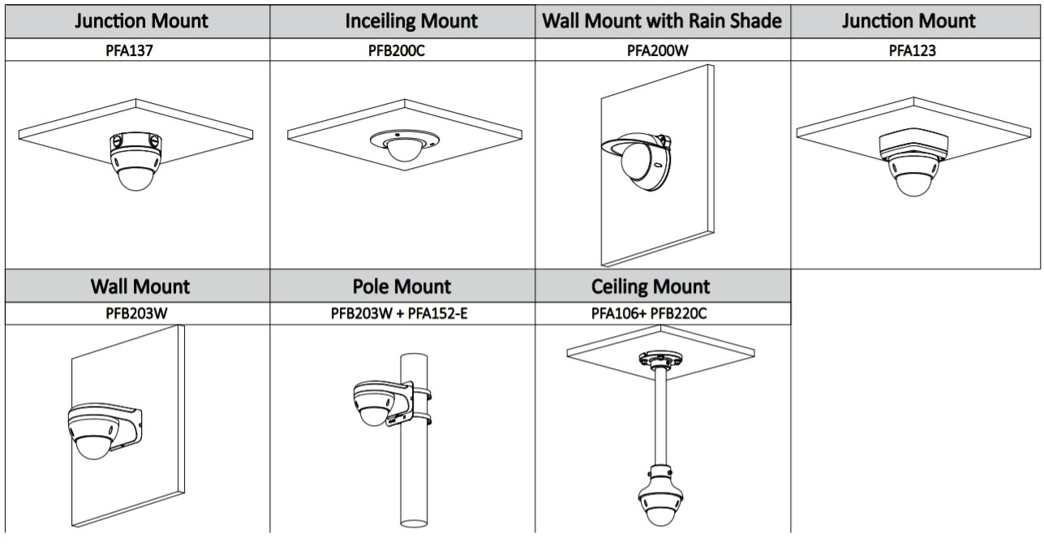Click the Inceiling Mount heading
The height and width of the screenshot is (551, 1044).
[x=411, y=21]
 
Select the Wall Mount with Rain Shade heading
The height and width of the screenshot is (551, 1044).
[x=662, y=21]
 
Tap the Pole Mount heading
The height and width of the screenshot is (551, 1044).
[x=402, y=286]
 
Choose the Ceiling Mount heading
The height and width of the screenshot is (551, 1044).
[x=651, y=286]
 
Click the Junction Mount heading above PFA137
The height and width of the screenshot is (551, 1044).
[x=141, y=21]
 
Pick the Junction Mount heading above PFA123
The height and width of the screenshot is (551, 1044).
[x=909, y=21]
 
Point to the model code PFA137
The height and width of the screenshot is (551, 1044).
[x=129, y=50]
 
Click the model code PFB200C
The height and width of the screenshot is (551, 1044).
[x=397, y=50]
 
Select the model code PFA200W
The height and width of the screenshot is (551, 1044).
[x=658, y=50]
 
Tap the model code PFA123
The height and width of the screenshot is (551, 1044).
[x=912, y=50]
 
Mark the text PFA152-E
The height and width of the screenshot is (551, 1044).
[x=438, y=313]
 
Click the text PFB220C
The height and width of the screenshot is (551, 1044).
[x=679, y=313]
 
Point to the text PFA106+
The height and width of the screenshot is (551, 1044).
[x=619, y=313]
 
